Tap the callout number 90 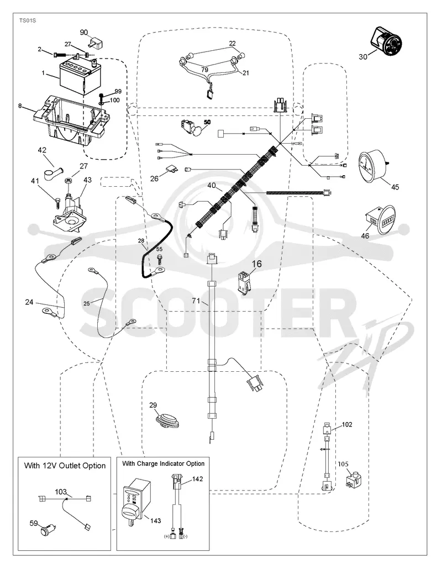click(84, 33)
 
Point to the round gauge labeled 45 click(373, 166)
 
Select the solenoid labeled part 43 click(69, 212)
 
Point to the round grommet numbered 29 click(167, 420)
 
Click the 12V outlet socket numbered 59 click(47, 533)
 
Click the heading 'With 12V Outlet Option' click(65, 466)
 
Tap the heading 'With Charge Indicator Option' click(164, 463)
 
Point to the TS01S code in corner click(28, 20)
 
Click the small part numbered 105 click(352, 478)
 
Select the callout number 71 click(196, 301)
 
